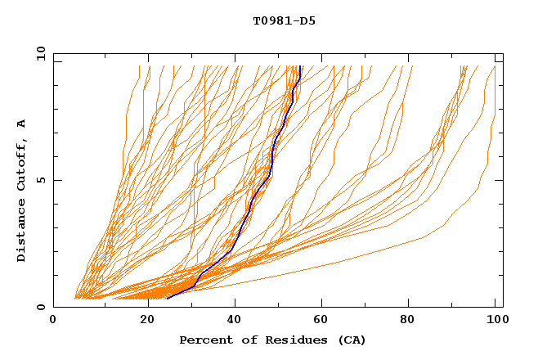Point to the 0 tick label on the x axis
click(53, 320)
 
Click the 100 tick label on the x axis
click(495, 320)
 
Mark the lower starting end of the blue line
click(168, 298)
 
